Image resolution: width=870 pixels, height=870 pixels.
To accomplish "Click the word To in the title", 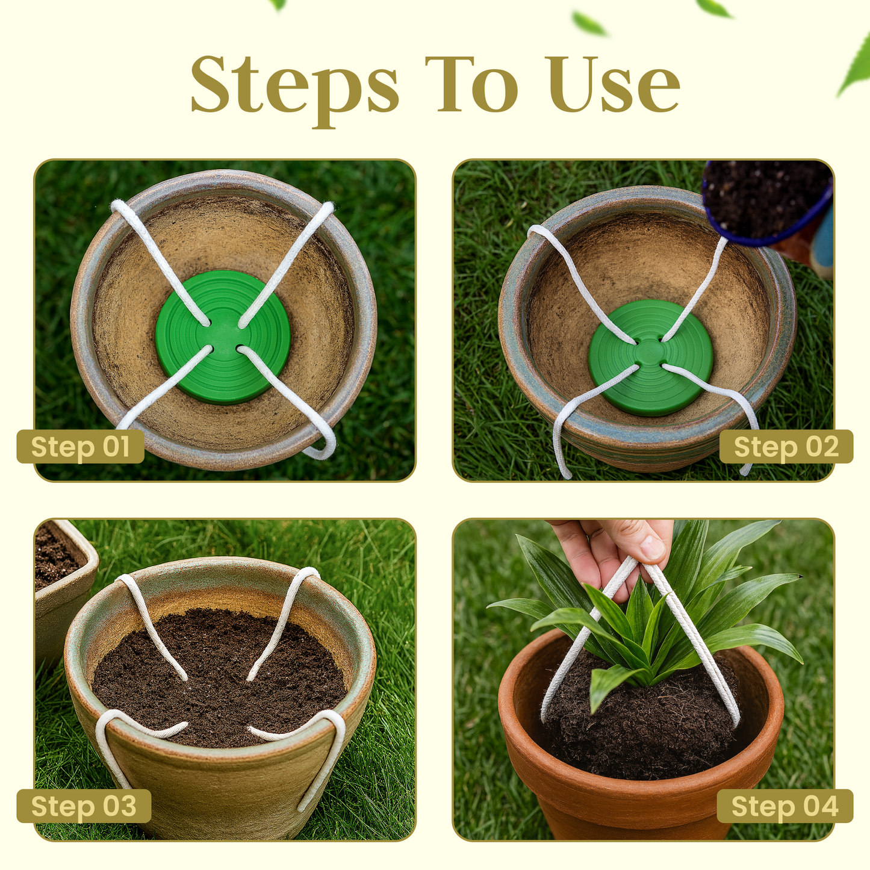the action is [x=472, y=84].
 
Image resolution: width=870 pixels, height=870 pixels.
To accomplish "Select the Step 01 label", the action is [x=80, y=447].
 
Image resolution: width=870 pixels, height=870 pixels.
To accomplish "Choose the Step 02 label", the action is [x=786, y=447].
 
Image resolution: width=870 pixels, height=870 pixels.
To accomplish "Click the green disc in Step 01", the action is [x=223, y=337].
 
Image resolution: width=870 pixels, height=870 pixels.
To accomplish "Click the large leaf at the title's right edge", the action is [x=853, y=67].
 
